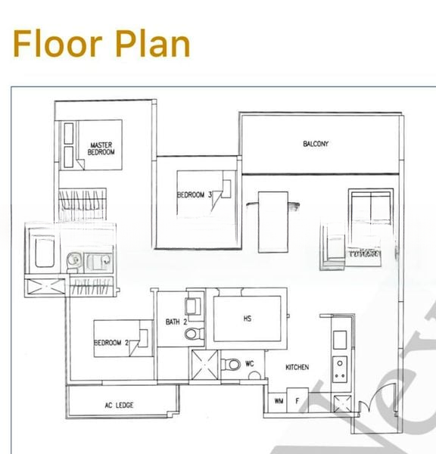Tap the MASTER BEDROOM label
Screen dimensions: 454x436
click(101, 148)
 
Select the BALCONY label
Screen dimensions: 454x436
click(316, 144)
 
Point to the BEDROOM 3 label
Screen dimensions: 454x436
click(195, 195)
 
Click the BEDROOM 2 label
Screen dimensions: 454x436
click(111, 344)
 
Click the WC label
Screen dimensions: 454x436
click(250, 364)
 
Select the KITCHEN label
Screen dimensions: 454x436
click(297, 368)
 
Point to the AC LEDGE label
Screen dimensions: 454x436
click(119, 406)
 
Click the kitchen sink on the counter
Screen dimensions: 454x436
click(338, 335)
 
